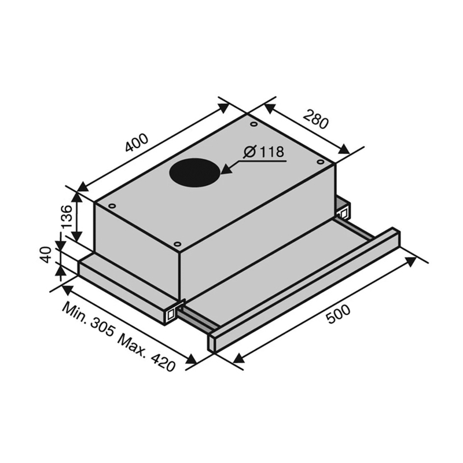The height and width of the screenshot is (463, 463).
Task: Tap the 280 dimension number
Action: click(315, 119)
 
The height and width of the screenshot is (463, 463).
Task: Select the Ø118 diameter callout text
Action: click(264, 152)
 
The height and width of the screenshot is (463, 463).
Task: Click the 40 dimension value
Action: click(46, 255)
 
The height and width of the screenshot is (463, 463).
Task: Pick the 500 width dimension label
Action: click(338, 314)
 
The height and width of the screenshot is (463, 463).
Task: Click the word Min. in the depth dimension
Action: click(75, 312)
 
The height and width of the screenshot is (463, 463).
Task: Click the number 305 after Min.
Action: click(102, 328)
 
